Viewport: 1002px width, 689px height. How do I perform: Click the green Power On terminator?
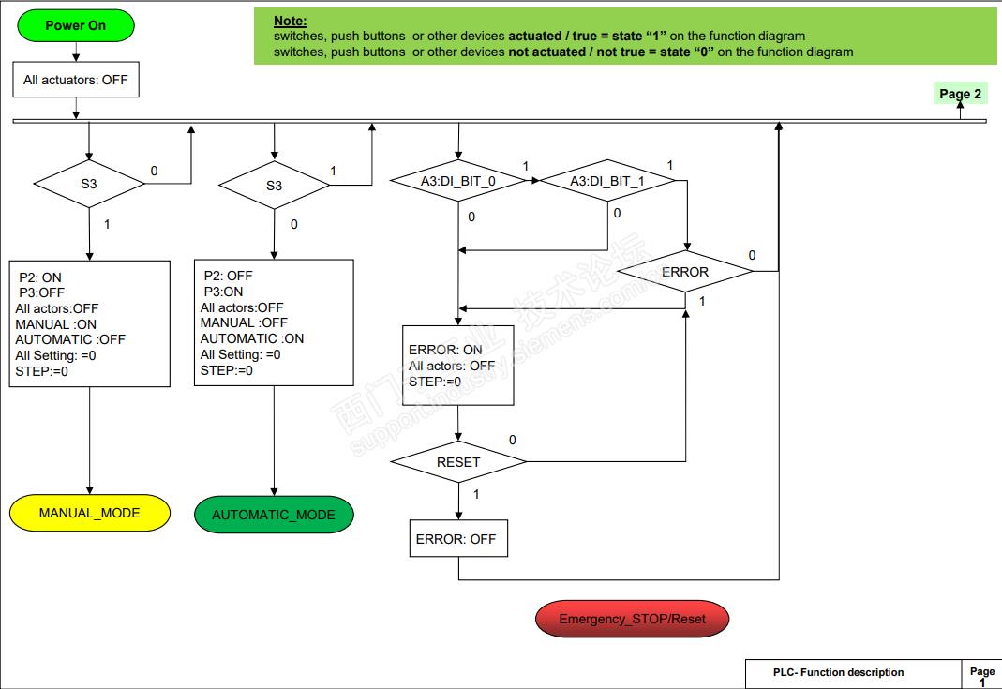pos(76,25)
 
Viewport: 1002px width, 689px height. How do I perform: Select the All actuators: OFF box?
pos(76,80)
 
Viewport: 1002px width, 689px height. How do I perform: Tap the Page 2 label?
pos(961,94)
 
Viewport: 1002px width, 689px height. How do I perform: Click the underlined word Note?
pos(291,21)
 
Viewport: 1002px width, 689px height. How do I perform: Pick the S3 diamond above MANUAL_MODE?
pos(88,184)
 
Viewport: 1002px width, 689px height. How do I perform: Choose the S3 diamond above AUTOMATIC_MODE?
pos(274,185)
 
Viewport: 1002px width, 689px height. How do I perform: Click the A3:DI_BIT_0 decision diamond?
pos(457,182)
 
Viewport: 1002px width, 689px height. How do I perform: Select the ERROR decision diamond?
pos(685,272)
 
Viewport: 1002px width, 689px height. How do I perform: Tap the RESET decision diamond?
pos(458,461)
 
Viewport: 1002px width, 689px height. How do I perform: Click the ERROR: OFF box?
pos(458,539)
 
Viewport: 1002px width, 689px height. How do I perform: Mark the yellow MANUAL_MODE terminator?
pos(89,513)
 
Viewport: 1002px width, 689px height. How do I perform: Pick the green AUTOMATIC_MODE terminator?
pos(274,515)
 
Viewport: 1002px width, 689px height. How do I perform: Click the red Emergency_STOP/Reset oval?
pos(632,619)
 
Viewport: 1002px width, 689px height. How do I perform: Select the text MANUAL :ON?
pos(56,324)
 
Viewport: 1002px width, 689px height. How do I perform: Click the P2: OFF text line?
pos(228,276)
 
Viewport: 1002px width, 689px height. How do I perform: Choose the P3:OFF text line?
pos(40,292)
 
